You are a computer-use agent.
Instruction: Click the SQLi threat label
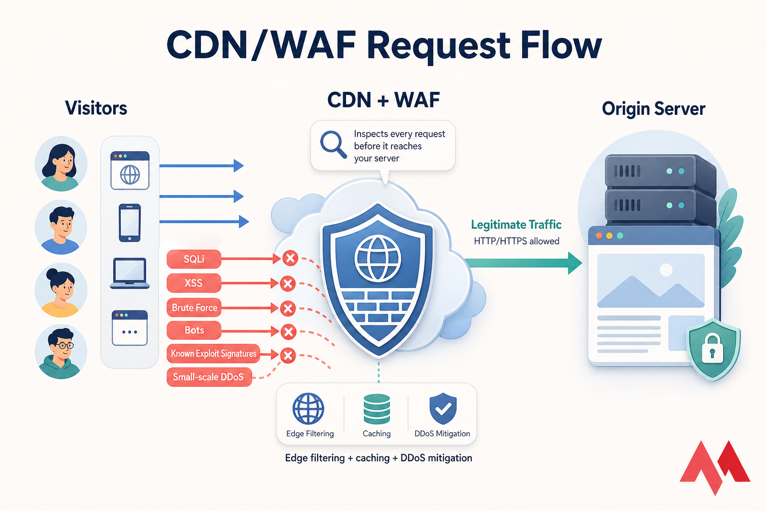click(x=193, y=259)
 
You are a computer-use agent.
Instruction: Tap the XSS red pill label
click(x=193, y=283)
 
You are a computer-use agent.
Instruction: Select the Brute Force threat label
click(x=194, y=307)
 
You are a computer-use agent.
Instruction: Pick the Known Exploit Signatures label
click(x=213, y=353)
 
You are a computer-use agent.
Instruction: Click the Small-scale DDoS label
click(x=208, y=377)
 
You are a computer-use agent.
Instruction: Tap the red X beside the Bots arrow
click(x=288, y=331)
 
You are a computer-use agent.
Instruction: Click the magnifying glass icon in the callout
click(x=333, y=144)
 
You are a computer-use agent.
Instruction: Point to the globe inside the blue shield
click(x=378, y=258)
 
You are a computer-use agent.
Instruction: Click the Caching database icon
click(x=377, y=409)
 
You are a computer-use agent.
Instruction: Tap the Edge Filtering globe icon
click(x=308, y=409)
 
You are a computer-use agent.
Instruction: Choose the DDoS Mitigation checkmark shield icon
click(x=443, y=409)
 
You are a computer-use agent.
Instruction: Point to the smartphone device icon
click(x=130, y=223)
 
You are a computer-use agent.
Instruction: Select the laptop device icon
click(x=130, y=273)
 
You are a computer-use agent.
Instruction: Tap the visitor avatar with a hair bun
click(x=61, y=290)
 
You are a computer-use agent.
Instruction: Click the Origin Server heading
click(x=653, y=109)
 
